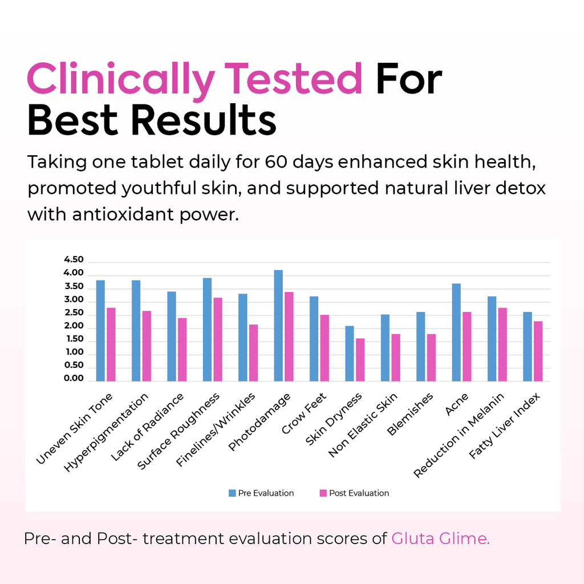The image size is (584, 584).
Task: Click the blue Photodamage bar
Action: click(x=278, y=326)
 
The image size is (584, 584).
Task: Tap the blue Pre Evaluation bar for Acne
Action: click(x=456, y=332)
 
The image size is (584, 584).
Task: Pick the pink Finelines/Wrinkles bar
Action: click(x=253, y=353)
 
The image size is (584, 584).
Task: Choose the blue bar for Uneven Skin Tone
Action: click(x=100, y=331)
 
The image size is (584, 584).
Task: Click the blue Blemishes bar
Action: click(x=421, y=347)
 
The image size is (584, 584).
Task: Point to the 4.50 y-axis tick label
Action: click(x=74, y=259)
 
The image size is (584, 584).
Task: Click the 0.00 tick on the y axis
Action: click(x=74, y=379)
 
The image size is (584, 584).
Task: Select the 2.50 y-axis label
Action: click(x=74, y=313)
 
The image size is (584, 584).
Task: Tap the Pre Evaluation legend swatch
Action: click(x=232, y=493)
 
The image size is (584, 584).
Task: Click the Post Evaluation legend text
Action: click(x=359, y=493)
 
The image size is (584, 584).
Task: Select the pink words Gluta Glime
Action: click(x=440, y=539)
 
